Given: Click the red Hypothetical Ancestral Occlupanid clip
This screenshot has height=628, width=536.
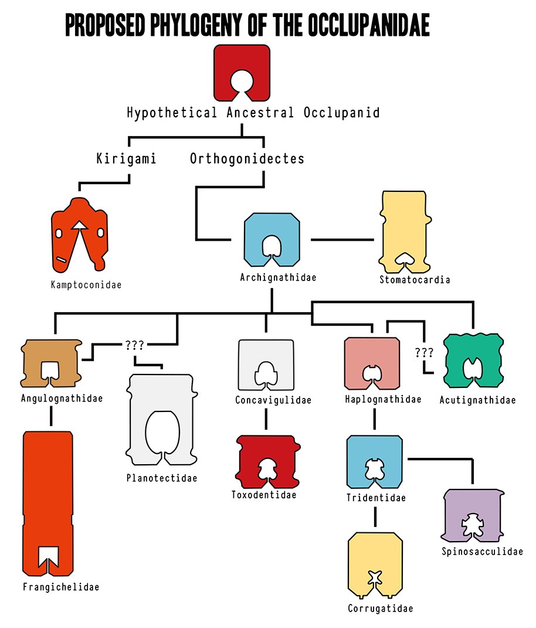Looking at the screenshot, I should click(x=242, y=65).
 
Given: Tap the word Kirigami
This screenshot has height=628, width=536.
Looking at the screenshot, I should click(x=126, y=158).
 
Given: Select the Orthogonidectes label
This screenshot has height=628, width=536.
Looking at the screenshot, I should click(x=247, y=158).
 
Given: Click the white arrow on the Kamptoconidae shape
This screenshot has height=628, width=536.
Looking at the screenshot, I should click(x=79, y=225).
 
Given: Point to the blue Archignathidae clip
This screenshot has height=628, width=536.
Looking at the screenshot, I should click(x=256, y=226).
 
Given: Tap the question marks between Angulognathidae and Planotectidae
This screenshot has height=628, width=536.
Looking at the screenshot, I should click(x=134, y=344).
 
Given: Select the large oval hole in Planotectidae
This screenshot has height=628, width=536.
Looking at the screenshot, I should click(x=161, y=431).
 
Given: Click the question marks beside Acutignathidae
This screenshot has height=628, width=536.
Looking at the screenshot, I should click(x=423, y=353).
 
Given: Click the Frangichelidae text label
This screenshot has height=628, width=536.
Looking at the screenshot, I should click(x=61, y=587).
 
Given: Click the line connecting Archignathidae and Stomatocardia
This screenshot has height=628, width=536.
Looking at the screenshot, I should click(x=341, y=239).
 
